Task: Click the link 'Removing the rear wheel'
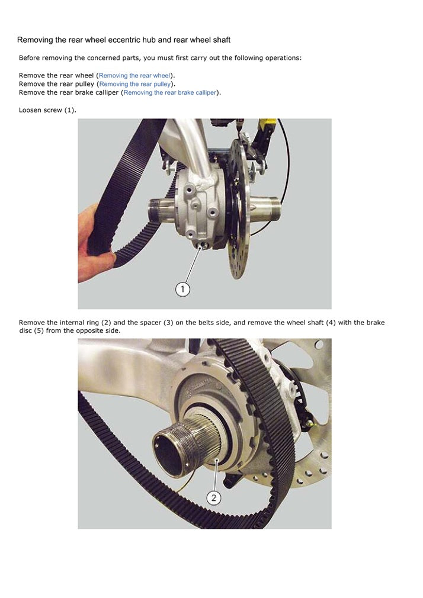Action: click(x=134, y=76)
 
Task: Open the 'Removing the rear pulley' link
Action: click(x=134, y=84)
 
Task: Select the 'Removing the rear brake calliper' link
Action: click(x=170, y=93)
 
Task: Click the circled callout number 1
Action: click(x=182, y=289)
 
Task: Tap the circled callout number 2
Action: click(x=214, y=498)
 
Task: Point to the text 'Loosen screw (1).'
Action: click(x=47, y=110)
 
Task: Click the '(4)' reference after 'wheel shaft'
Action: click(x=331, y=323)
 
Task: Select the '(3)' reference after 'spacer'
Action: click(x=168, y=323)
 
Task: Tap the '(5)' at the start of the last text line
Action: click(x=39, y=330)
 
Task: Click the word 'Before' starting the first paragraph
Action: click(x=30, y=58)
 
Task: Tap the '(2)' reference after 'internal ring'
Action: click(x=106, y=323)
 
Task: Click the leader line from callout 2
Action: click(x=216, y=475)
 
